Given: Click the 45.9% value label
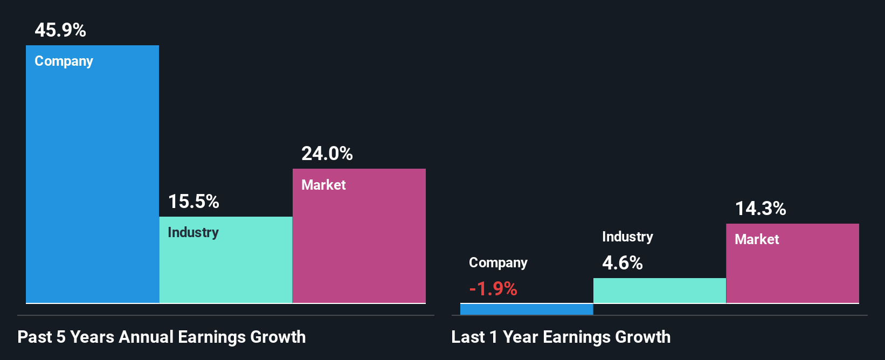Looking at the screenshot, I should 60,30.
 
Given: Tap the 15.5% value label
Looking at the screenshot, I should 193,202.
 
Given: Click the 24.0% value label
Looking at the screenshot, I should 327,154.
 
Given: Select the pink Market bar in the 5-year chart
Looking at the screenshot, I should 359,243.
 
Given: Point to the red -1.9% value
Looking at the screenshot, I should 493,289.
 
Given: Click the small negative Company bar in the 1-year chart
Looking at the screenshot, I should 527,309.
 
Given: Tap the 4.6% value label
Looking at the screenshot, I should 623,263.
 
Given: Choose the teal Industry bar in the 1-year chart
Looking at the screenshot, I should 659,290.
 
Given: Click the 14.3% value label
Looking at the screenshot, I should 760,209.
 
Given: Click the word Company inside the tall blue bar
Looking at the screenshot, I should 64,61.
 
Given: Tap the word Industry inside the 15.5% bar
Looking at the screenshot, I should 193,233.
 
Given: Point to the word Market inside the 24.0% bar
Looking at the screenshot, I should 323,185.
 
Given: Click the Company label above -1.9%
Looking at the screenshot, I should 498,263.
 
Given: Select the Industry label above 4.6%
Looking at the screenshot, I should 627,237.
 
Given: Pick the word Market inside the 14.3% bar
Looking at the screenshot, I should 757,239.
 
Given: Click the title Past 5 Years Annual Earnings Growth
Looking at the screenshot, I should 162,337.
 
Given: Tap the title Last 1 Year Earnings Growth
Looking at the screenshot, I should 561,337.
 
